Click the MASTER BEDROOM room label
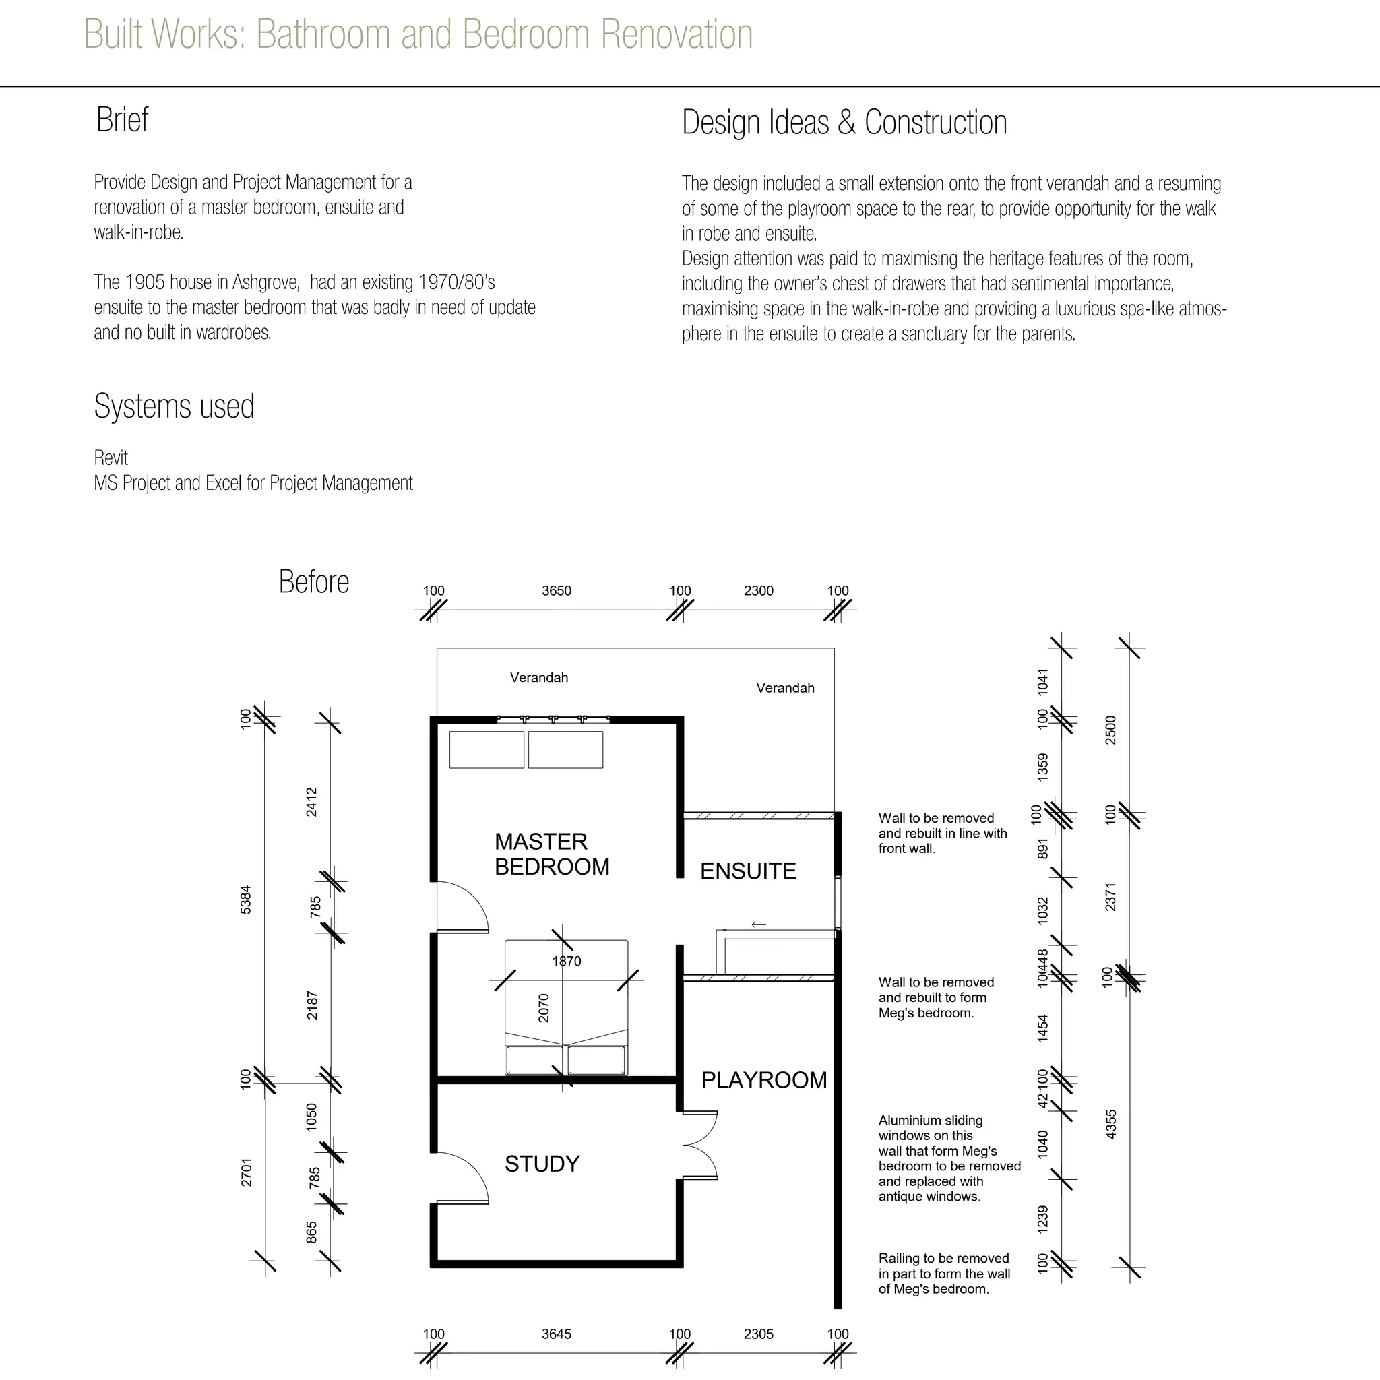(551, 854)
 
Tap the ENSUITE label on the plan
(748, 871)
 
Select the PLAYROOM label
(763, 1080)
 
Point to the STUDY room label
(542, 1164)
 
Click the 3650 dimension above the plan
(557, 591)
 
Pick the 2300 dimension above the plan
(759, 591)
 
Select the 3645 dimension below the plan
(557, 1334)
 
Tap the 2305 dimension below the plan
(759, 1334)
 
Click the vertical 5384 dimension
(246, 900)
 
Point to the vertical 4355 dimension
(1110, 1125)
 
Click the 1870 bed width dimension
(567, 961)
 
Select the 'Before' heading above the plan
(313, 582)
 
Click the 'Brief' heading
(122, 119)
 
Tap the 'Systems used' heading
(175, 406)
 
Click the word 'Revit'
(111, 458)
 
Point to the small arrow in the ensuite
(759, 924)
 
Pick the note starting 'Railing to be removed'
(944, 1274)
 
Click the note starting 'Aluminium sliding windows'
(949, 1158)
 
